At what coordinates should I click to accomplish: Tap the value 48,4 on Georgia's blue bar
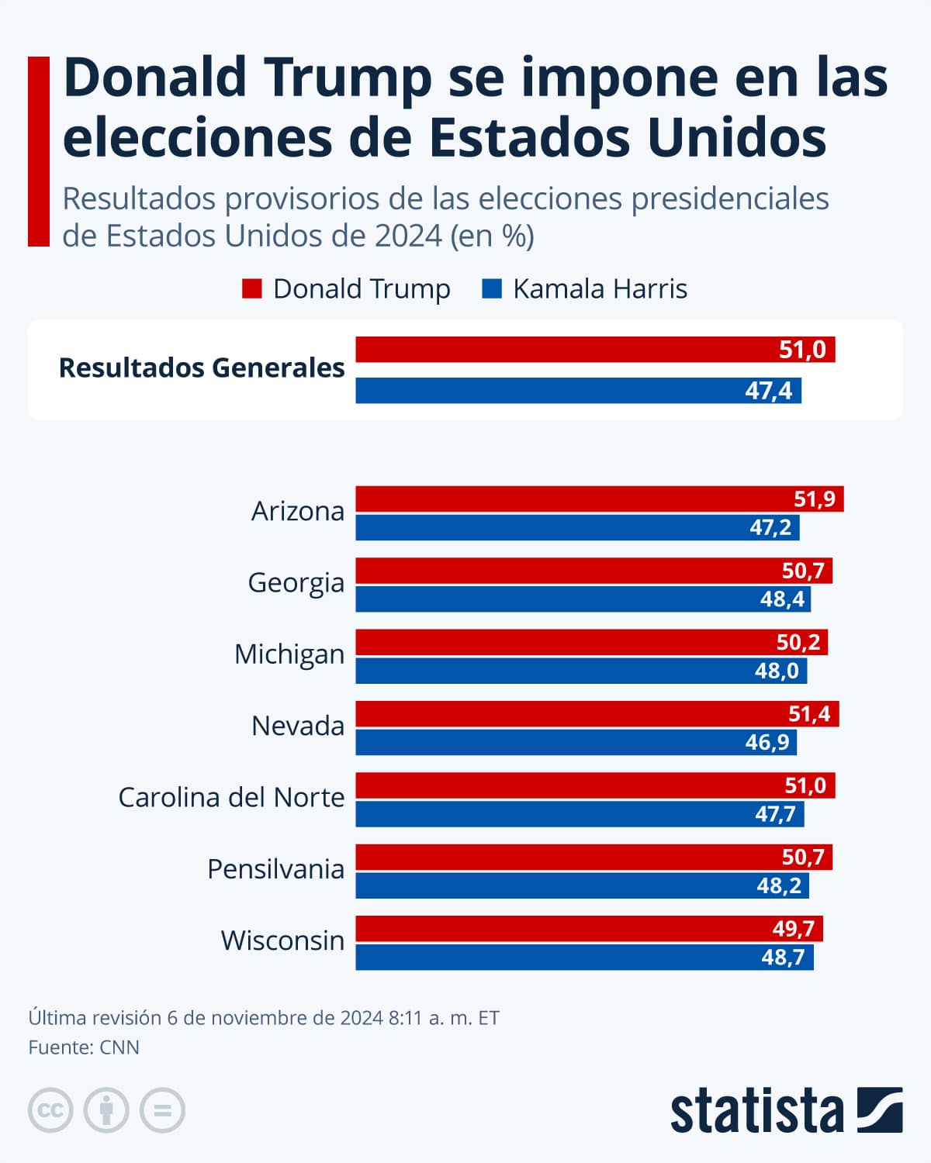[x=782, y=599]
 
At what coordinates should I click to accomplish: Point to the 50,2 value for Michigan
[x=798, y=642]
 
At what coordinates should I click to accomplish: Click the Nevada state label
[x=298, y=726]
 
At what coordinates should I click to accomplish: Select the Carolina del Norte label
[x=231, y=798]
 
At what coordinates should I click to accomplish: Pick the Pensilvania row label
[x=275, y=869]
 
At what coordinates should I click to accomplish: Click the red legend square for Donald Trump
[x=252, y=289]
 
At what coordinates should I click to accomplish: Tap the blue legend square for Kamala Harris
[x=492, y=289]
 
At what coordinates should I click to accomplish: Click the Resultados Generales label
[x=202, y=368]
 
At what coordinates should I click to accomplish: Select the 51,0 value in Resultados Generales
[x=802, y=350]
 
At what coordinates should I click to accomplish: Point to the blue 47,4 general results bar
[x=578, y=391]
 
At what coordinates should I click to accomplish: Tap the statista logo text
[x=756, y=1111]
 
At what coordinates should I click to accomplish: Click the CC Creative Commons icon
[x=50, y=1110]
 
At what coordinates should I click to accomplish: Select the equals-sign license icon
[x=162, y=1110]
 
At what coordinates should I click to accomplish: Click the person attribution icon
[x=106, y=1110]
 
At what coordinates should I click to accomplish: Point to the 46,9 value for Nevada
[x=767, y=743]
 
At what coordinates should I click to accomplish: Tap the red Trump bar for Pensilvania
[x=594, y=858]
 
